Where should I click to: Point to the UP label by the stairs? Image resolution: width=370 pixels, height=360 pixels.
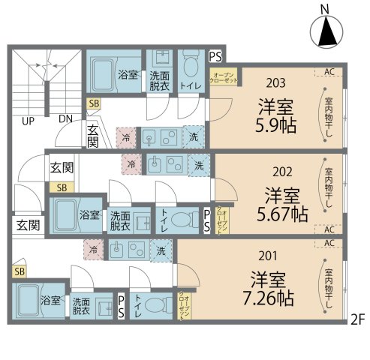click(x=28, y=120)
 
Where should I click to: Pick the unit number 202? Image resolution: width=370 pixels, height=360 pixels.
click(x=282, y=170)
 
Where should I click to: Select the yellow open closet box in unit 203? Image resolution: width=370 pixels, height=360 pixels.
click(x=225, y=79)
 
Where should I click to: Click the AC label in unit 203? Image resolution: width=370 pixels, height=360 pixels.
click(x=329, y=72)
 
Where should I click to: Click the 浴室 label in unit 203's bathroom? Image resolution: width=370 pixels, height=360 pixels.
click(x=128, y=75)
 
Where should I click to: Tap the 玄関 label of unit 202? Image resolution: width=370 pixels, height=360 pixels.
click(x=62, y=168)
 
